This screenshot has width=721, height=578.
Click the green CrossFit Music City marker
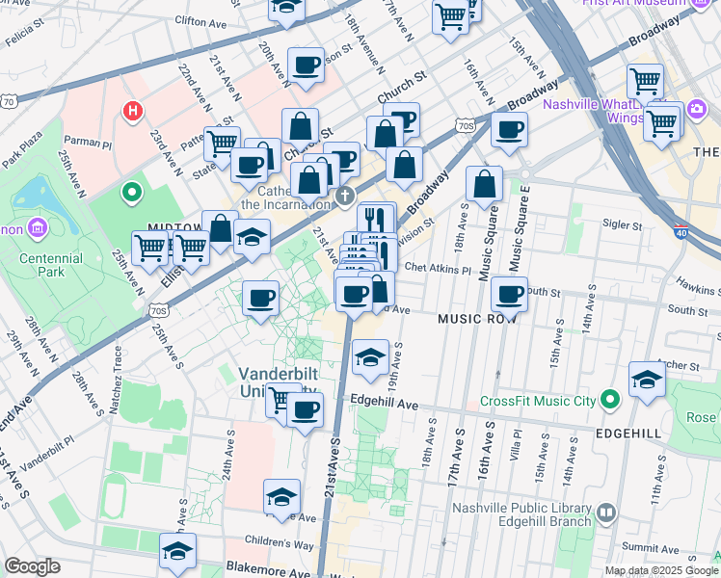[609, 399]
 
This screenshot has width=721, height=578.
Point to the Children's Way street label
[280, 545]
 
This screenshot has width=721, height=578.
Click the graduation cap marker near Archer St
[647, 379]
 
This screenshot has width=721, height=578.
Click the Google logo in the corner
[32, 566]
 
